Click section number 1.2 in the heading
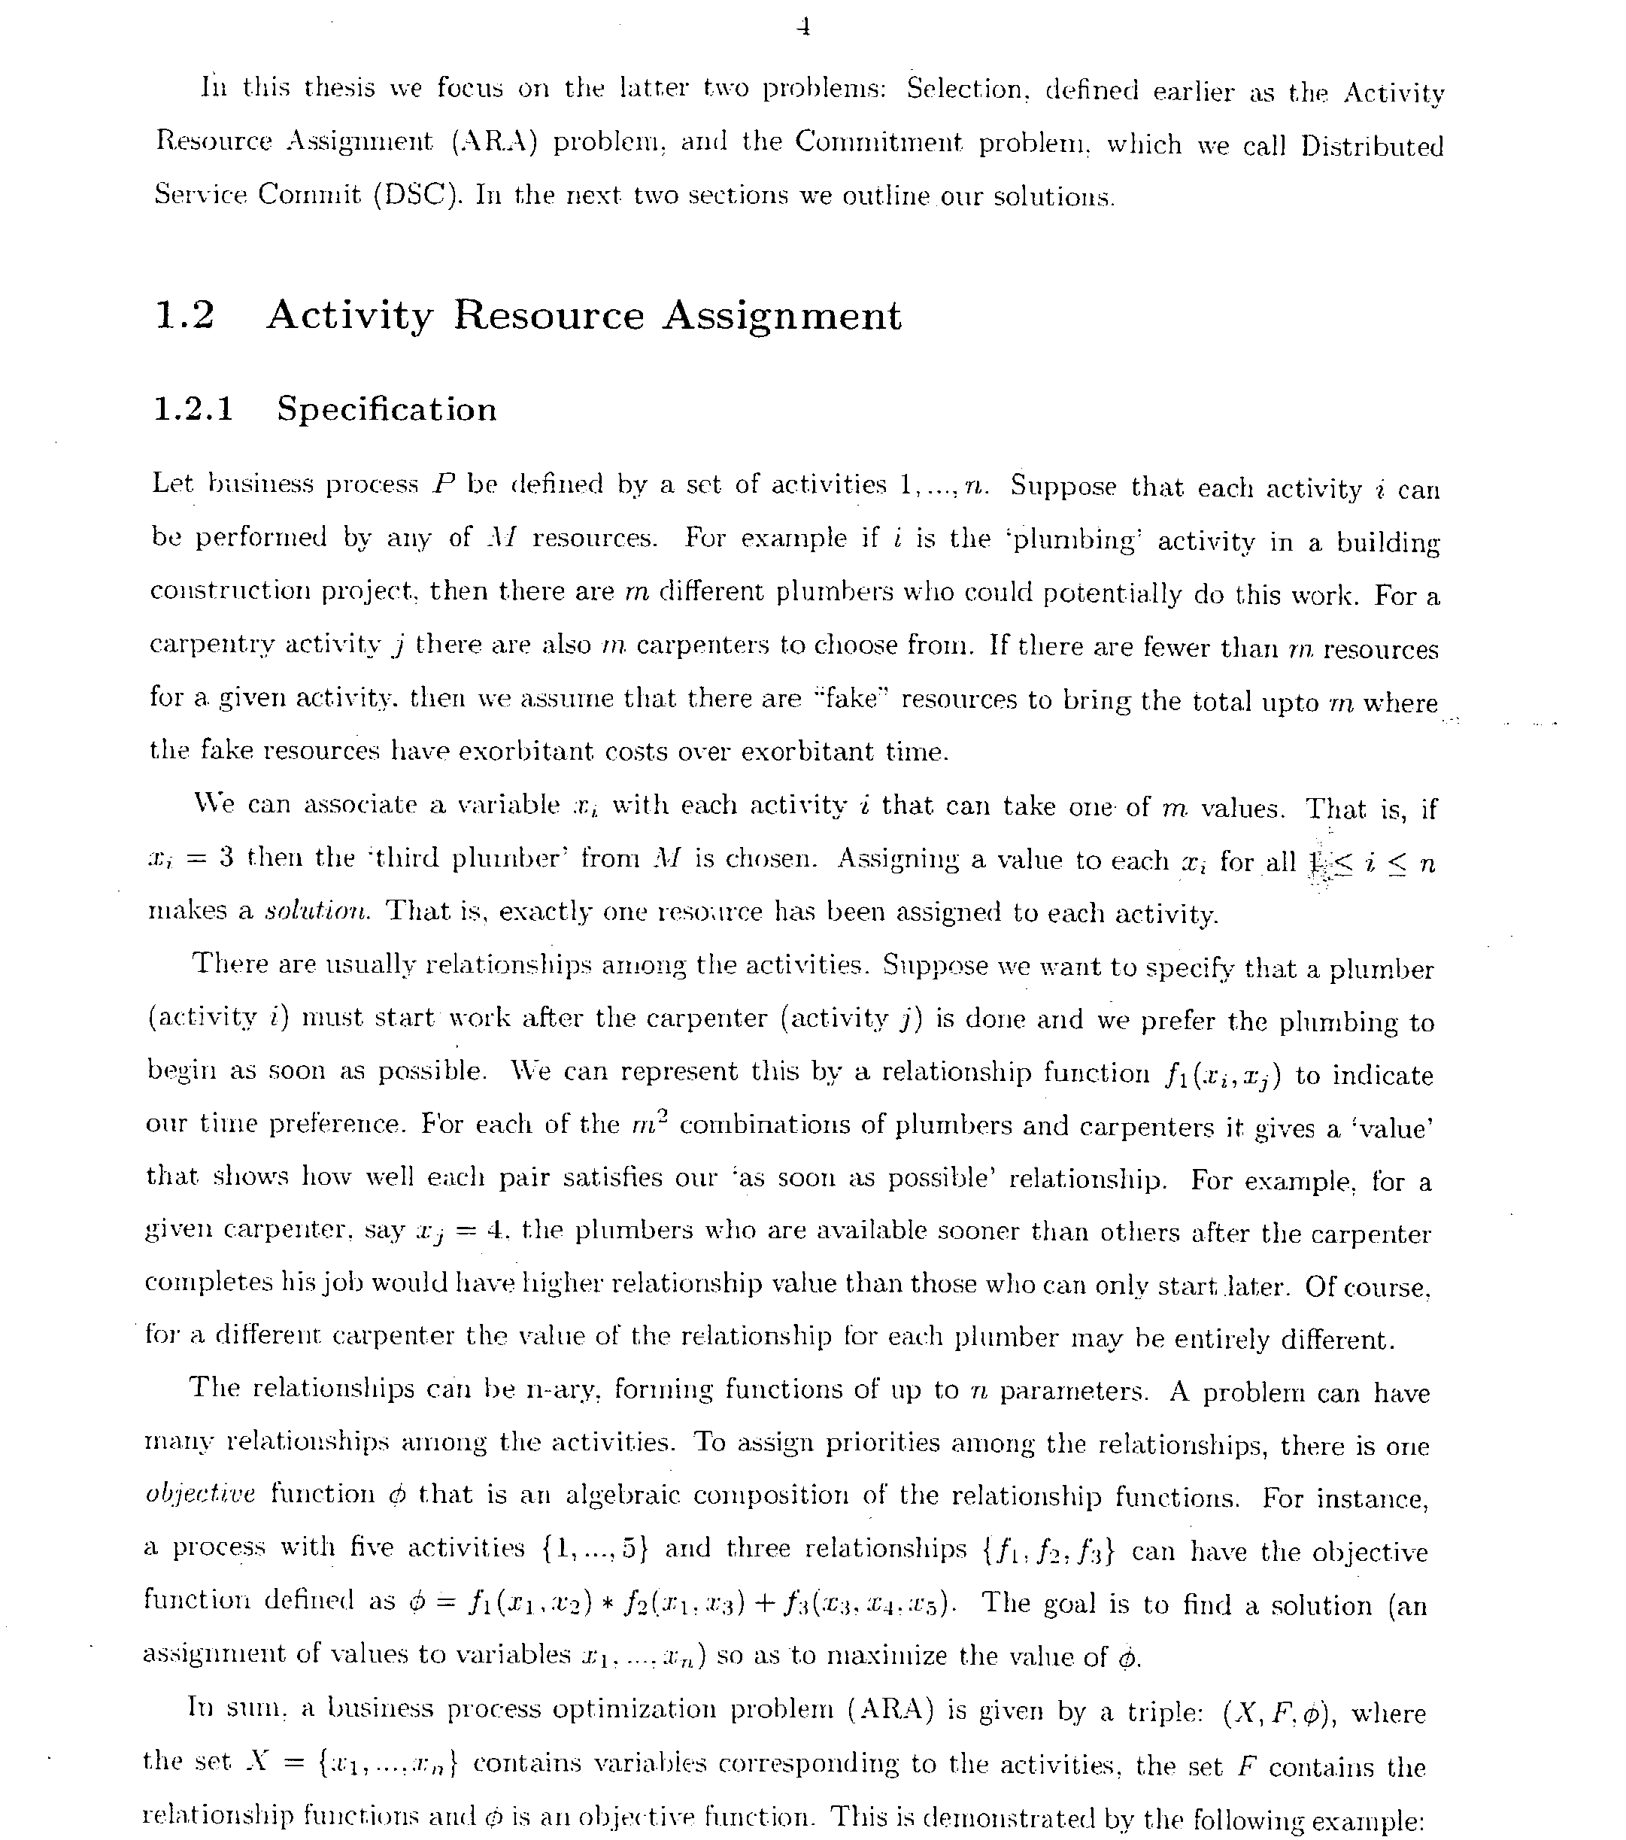184,316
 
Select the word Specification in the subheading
386,409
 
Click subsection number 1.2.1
193,409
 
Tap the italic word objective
200,1493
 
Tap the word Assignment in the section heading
781,316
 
